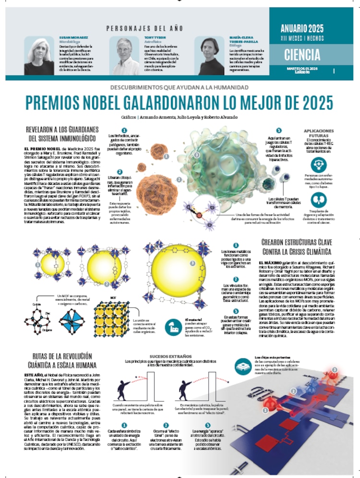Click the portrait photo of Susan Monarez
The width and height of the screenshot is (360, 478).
pyautogui.click(x=39, y=56)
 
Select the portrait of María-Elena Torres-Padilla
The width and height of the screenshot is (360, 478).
pyautogui.click(x=210, y=56)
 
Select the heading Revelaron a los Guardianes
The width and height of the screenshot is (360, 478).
pyautogui.click(x=61, y=129)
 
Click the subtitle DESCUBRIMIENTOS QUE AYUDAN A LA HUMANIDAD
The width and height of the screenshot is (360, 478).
pyautogui.click(x=179, y=87)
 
